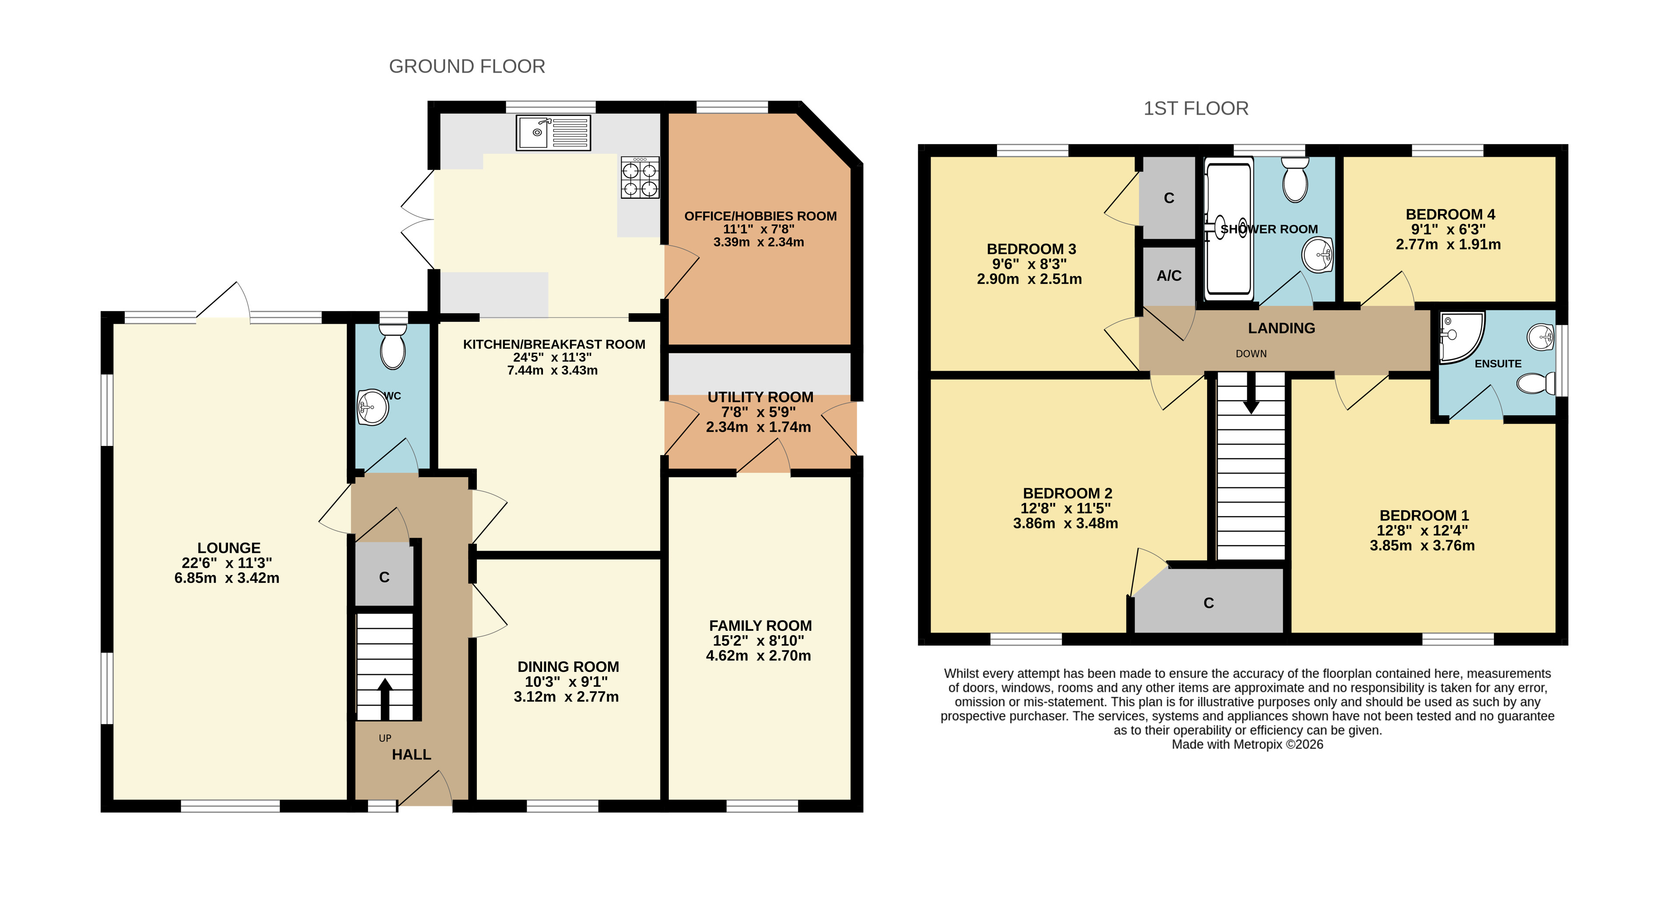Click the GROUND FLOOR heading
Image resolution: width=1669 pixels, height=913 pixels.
(x=466, y=66)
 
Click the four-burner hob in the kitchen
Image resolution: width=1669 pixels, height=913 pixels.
(x=640, y=177)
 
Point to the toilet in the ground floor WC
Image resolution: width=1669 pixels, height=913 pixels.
(x=392, y=347)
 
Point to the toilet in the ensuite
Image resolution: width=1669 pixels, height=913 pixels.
(x=1536, y=383)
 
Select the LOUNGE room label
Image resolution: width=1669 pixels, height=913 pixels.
(x=229, y=548)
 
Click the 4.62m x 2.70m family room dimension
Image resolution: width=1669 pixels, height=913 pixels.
(x=758, y=656)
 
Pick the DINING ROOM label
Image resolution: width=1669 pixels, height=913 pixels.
(x=568, y=667)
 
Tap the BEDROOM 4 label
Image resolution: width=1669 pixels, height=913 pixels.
(x=1450, y=214)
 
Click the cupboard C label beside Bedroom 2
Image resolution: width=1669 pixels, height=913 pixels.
(x=1208, y=603)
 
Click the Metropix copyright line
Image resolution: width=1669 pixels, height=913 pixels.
(x=1247, y=744)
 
